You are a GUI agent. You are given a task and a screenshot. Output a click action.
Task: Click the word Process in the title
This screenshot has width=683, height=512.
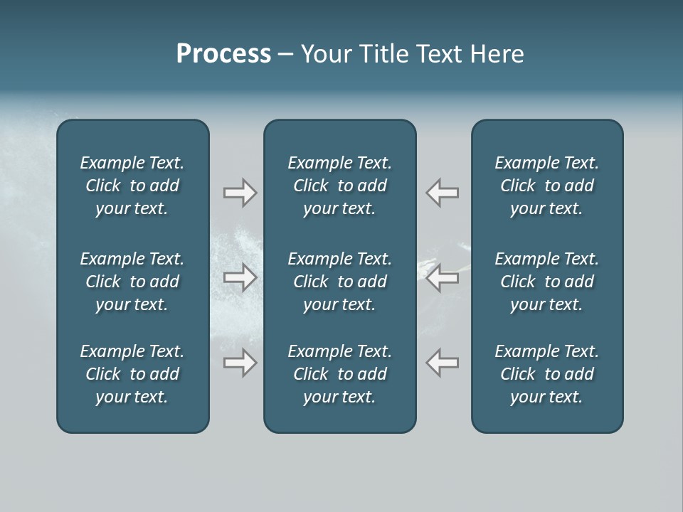(x=223, y=54)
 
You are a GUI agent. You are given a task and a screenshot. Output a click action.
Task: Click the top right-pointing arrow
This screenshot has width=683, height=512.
(x=240, y=193)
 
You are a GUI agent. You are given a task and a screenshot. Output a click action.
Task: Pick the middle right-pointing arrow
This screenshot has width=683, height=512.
(x=240, y=277)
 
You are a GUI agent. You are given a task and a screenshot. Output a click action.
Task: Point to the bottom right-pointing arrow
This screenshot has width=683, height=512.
(x=240, y=363)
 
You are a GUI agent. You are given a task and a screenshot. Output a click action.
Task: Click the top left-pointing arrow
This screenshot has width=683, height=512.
(x=443, y=193)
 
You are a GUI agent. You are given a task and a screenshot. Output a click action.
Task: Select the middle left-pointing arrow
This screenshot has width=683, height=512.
(x=443, y=277)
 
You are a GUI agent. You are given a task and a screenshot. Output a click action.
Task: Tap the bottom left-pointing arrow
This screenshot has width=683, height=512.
(x=443, y=363)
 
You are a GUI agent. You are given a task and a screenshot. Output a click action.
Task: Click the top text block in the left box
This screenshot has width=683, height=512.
(x=132, y=186)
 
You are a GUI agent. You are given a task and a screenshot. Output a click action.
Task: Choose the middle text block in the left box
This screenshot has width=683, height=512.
(x=132, y=282)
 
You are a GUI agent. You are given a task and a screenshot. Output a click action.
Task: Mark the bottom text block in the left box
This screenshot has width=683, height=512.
(x=132, y=374)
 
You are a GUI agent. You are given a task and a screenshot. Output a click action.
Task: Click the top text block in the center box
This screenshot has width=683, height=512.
(x=339, y=186)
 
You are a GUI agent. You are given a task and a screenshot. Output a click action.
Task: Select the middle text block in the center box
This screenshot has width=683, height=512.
(x=339, y=282)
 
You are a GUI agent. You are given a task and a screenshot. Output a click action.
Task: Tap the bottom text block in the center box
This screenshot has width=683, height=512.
(x=339, y=374)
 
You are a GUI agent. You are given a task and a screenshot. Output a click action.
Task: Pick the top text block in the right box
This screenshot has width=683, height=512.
(x=546, y=186)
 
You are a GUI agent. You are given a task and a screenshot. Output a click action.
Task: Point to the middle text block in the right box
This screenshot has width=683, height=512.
(x=546, y=282)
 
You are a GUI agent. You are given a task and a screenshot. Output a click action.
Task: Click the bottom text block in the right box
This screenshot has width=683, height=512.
(x=546, y=374)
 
